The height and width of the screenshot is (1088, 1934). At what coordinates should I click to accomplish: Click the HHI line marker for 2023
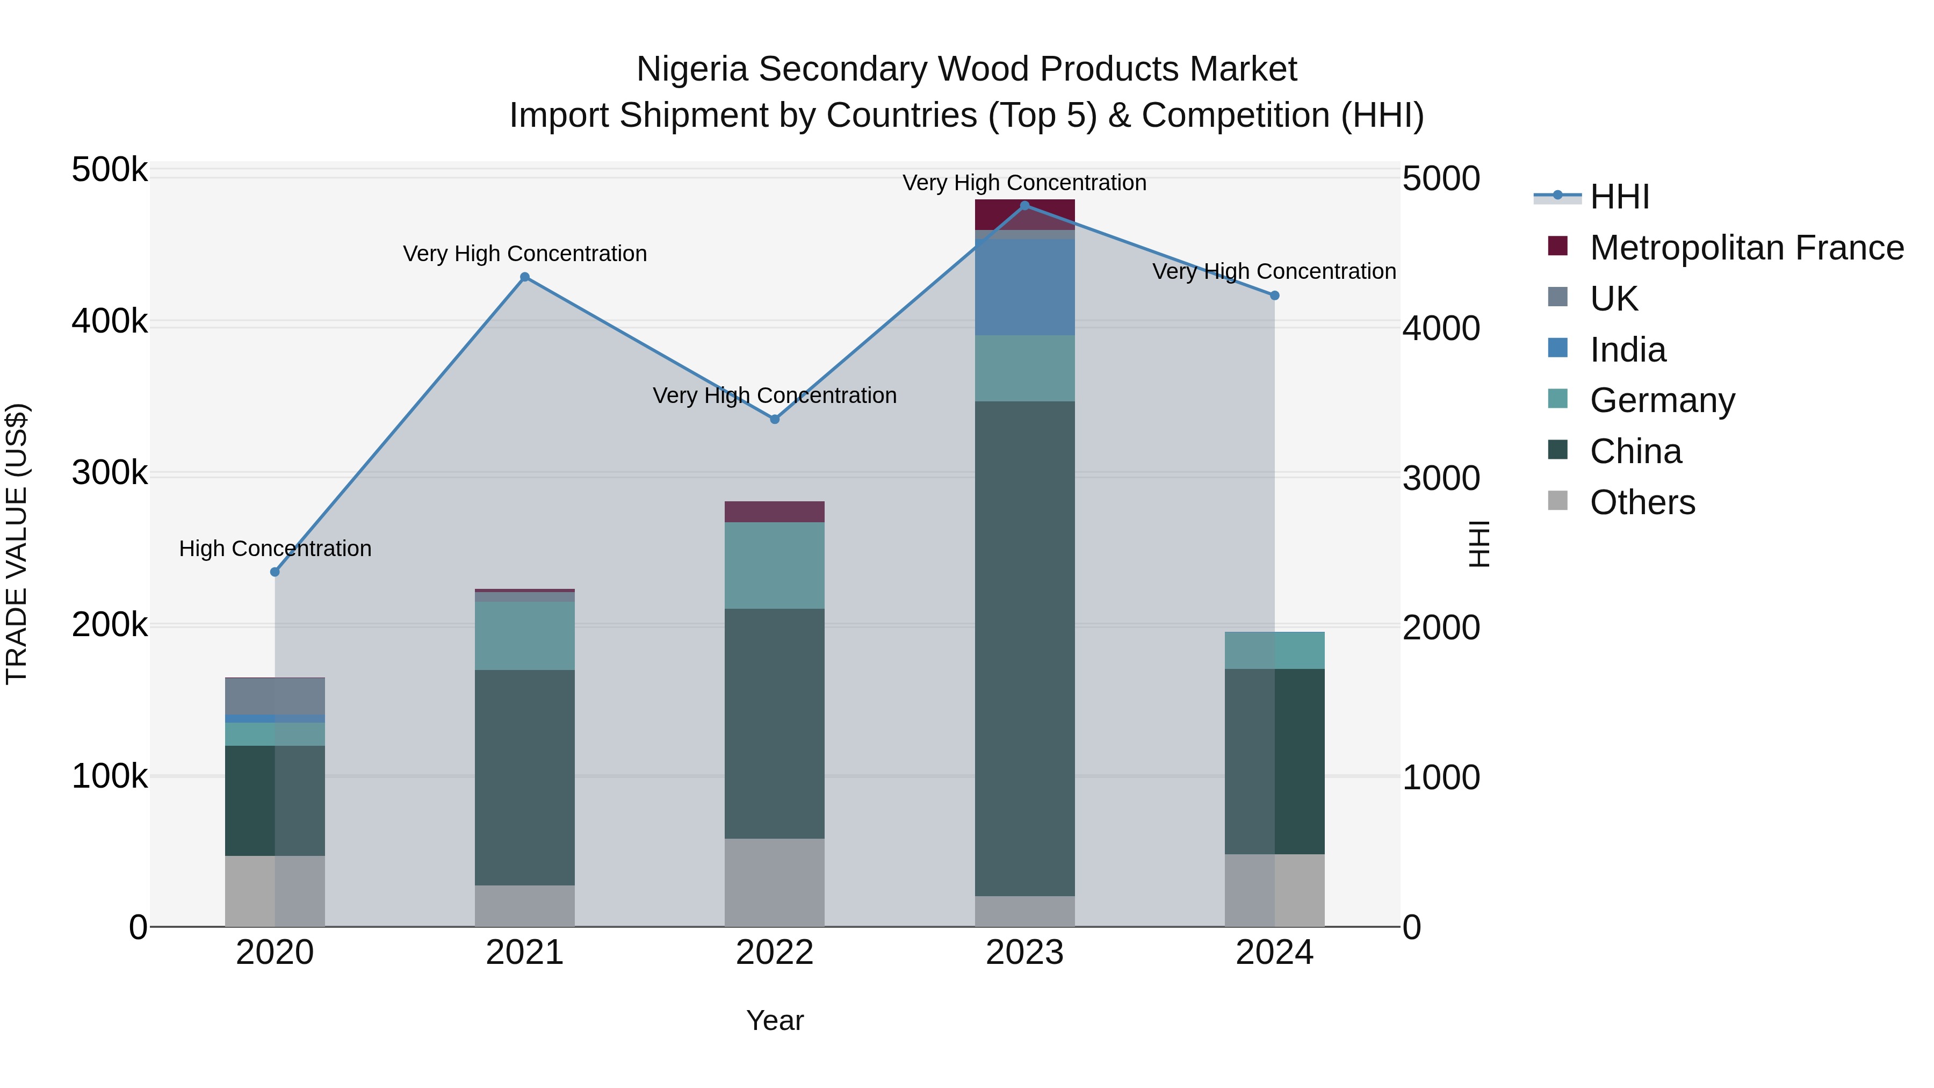1025,206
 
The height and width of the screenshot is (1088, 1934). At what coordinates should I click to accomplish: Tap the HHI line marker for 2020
275,572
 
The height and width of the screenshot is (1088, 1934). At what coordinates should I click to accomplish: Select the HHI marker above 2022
775,419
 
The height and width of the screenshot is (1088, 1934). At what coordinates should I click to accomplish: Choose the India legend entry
1628,350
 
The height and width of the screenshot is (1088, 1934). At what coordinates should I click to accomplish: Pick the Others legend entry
1642,502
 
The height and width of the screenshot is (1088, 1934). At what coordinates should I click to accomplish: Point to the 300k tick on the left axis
110,474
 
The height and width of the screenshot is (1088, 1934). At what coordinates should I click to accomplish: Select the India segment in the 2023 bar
1025,287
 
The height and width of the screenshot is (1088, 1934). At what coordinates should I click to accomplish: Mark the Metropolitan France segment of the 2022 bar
775,511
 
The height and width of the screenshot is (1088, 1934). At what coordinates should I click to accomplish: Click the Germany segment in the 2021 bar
525,635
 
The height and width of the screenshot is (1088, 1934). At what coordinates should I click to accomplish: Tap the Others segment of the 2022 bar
775,882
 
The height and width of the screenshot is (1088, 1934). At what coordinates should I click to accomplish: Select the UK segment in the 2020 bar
275,696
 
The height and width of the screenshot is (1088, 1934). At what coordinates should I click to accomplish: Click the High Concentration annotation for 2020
275,549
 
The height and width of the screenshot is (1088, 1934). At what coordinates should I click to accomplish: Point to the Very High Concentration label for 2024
1274,272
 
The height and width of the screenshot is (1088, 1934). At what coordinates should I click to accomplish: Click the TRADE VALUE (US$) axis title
17,544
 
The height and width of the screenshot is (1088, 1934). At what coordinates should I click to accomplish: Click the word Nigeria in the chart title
691,70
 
